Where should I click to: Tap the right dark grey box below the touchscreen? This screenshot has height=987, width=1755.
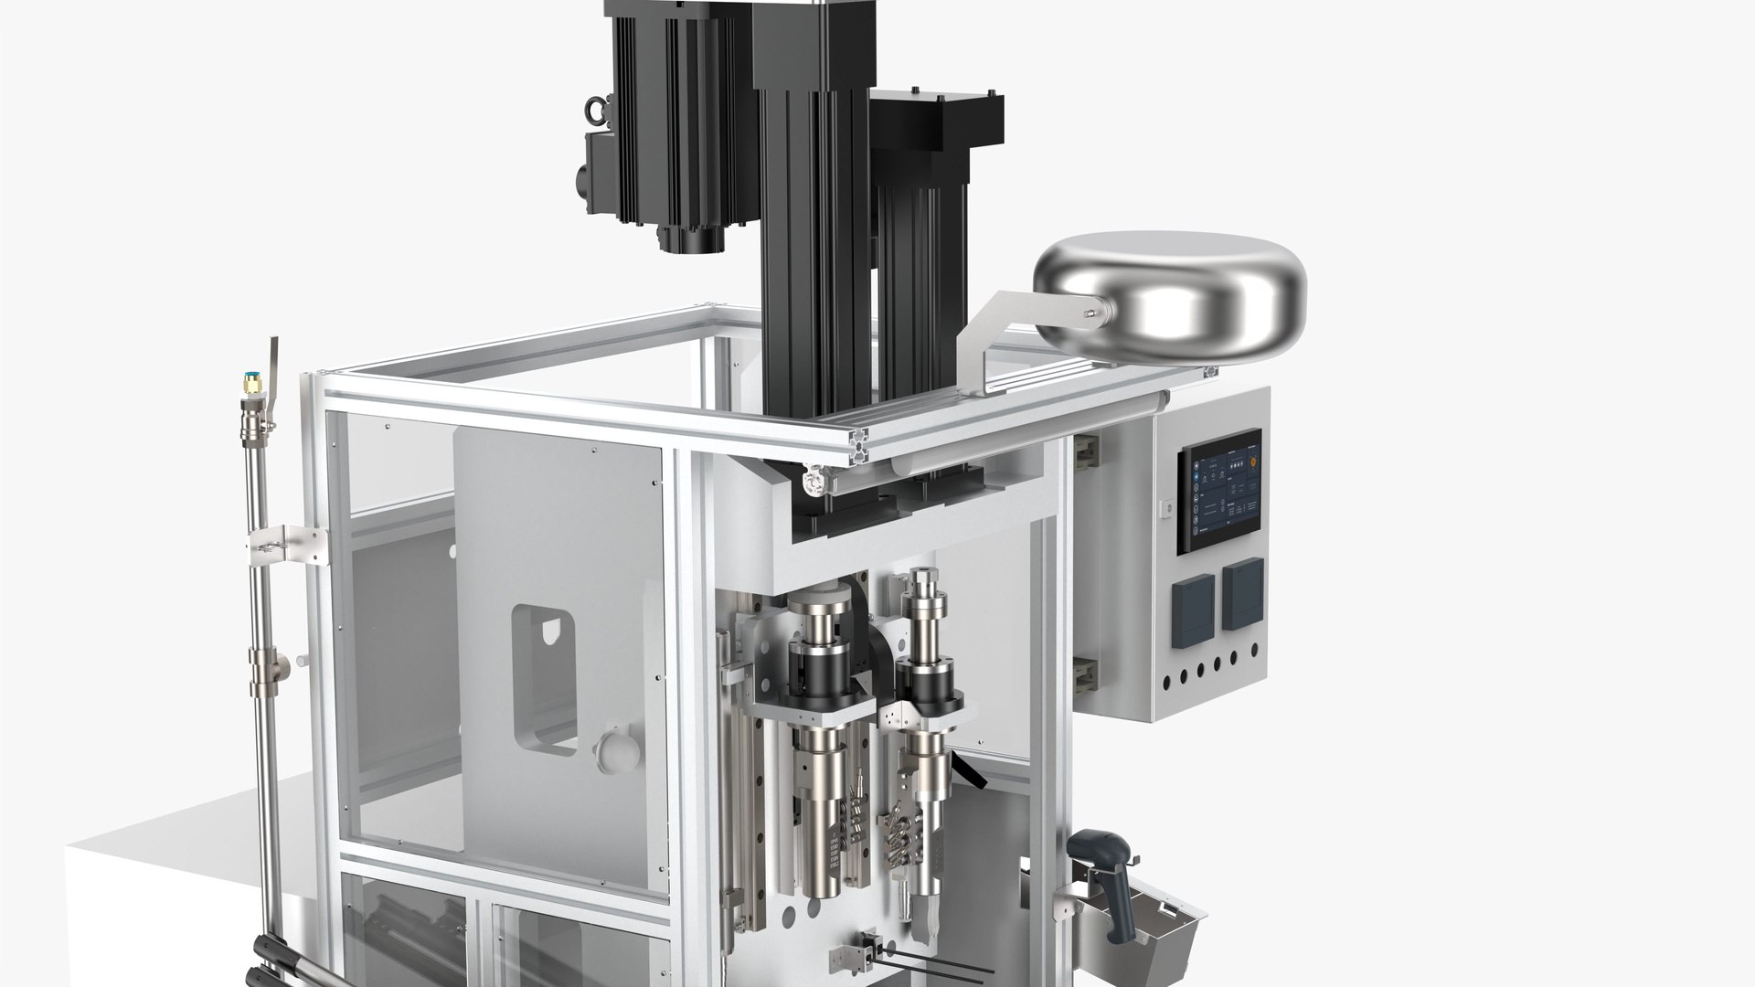click(x=1243, y=590)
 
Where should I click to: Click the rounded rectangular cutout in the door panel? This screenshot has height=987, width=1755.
click(x=543, y=679)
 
